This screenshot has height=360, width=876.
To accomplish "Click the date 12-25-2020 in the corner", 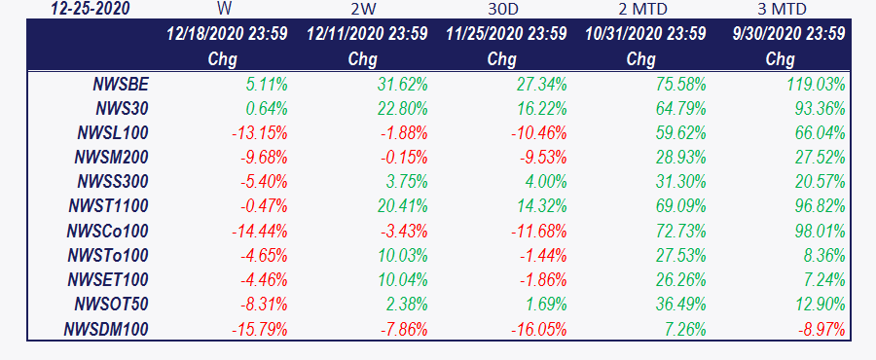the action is click(90, 9).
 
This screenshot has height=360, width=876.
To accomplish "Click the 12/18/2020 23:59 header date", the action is click(228, 34).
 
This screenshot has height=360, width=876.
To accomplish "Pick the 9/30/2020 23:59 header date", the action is click(788, 34).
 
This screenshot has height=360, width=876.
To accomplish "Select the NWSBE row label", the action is click(121, 85).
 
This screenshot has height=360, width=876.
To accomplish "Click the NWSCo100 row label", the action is click(108, 231).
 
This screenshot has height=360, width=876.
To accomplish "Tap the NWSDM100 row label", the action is click(106, 329).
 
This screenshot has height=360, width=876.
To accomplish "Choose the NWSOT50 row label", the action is click(111, 305).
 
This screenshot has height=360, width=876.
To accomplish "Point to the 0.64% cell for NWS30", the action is click(267, 109).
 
